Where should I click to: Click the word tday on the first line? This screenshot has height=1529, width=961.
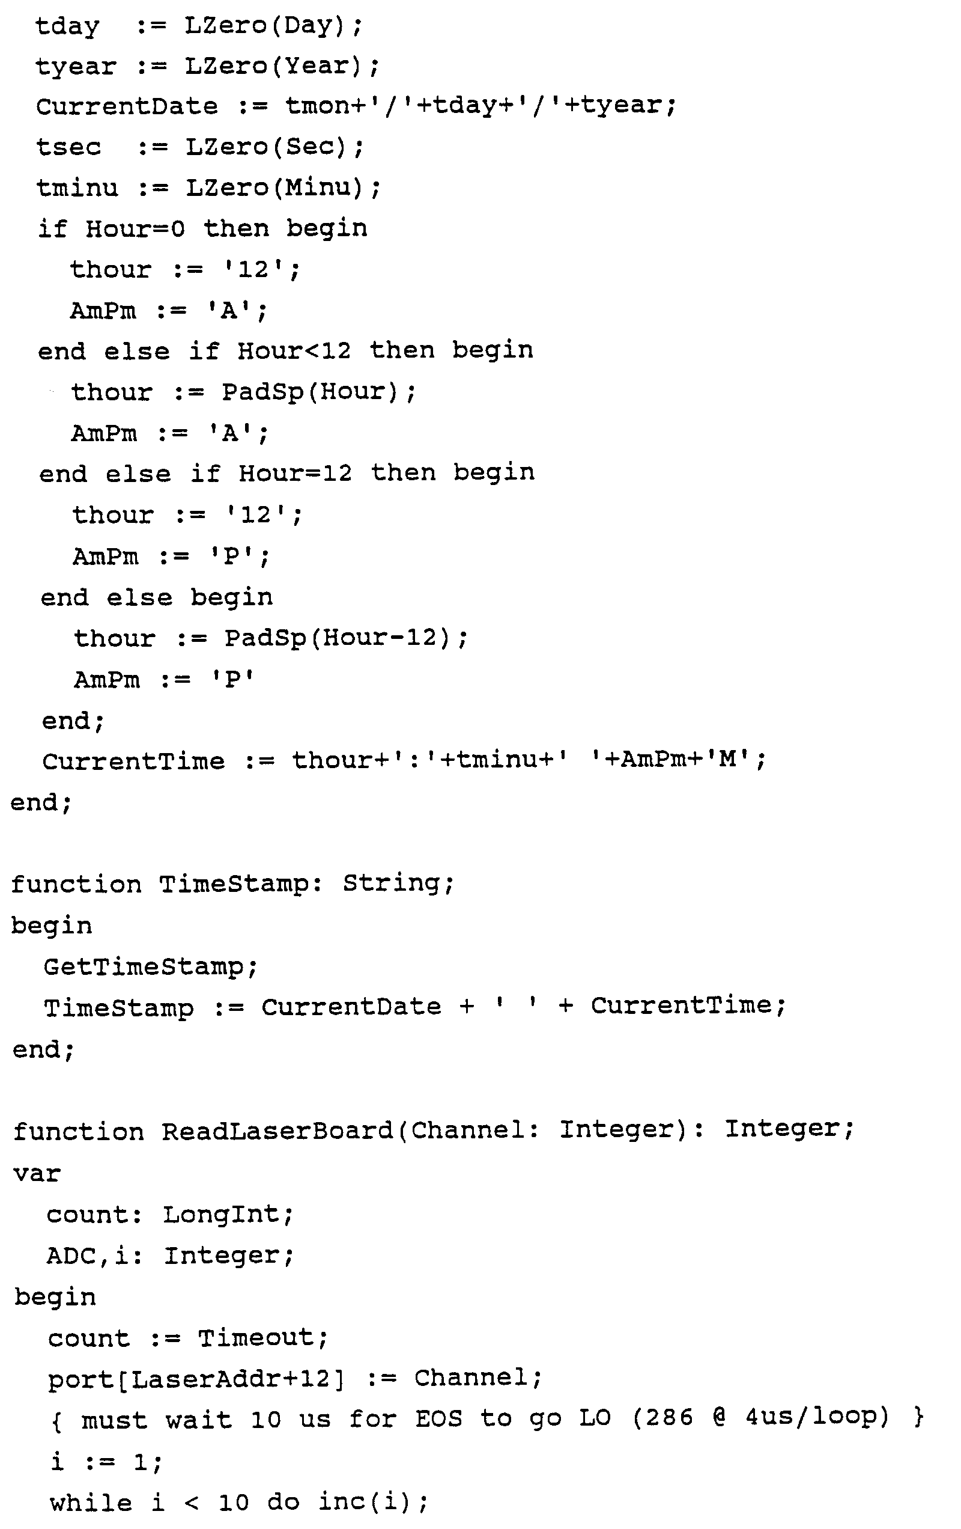(x=67, y=26)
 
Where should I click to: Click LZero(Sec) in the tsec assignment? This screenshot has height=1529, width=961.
(x=270, y=147)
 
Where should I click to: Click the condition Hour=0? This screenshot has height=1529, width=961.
(x=135, y=228)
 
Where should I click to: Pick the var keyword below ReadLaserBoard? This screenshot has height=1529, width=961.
(x=37, y=1173)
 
